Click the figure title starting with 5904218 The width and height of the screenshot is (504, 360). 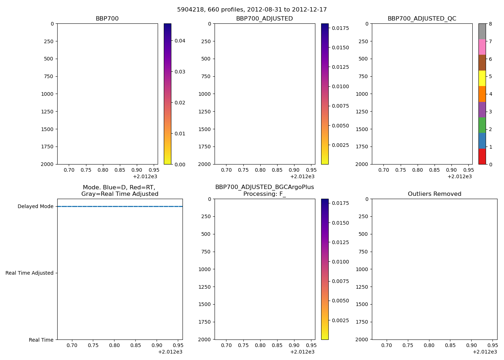[252, 10]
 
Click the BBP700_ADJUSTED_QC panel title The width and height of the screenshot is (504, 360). [422, 19]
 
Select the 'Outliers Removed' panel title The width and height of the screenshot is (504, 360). [434, 194]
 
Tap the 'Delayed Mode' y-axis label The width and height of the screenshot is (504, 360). [35, 207]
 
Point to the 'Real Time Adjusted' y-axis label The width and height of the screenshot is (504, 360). [30, 273]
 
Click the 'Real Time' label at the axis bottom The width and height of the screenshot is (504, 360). [41, 340]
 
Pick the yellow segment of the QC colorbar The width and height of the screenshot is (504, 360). [482, 78]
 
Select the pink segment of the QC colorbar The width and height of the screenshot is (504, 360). [482, 47]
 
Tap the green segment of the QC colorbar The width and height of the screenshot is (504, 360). [482, 125]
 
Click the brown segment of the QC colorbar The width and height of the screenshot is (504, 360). [482, 63]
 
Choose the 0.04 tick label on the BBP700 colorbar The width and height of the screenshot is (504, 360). [180, 41]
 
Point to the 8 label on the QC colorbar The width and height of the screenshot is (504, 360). [490, 24]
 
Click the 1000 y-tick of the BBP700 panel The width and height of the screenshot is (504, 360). [47, 94]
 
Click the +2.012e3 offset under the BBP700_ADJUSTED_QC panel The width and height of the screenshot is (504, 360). [460, 176]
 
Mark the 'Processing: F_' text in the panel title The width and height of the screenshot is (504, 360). [264, 194]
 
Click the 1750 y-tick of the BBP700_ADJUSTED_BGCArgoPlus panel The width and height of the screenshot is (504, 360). [204, 322]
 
